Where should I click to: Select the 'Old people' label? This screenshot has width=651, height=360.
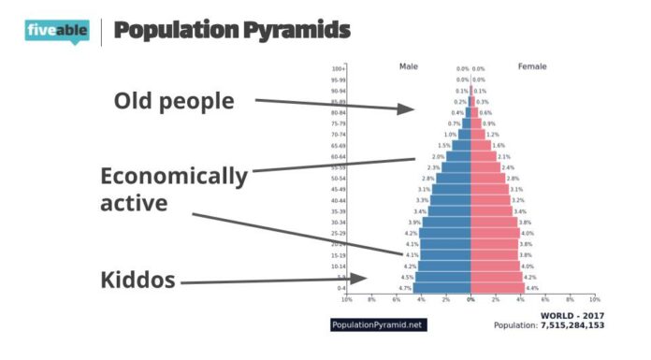pyautogui.click(x=175, y=100)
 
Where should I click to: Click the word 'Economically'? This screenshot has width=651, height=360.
pyautogui.click(x=174, y=176)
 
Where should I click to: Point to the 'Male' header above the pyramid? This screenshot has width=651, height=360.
pyautogui.click(x=409, y=66)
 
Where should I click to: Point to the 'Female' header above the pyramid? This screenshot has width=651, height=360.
pyautogui.click(x=532, y=66)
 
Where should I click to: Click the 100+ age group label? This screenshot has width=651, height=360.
pyautogui.click(x=339, y=69)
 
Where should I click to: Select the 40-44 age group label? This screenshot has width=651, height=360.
pyautogui.click(x=338, y=200)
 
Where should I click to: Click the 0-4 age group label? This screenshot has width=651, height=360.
pyautogui.click(x=340, y=288)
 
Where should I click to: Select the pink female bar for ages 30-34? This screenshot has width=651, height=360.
pyautogui.click(x=494, y=223)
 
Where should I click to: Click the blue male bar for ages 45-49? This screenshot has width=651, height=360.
pyautogui.click(x=451, y=190)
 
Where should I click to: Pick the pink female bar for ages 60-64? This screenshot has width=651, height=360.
pyautogui.click(x=483, y=157)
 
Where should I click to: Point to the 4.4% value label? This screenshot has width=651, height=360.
pyautogui.click(x=532, y=288)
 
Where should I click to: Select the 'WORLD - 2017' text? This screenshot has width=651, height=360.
pyautogui.click(x=571, y=315)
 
